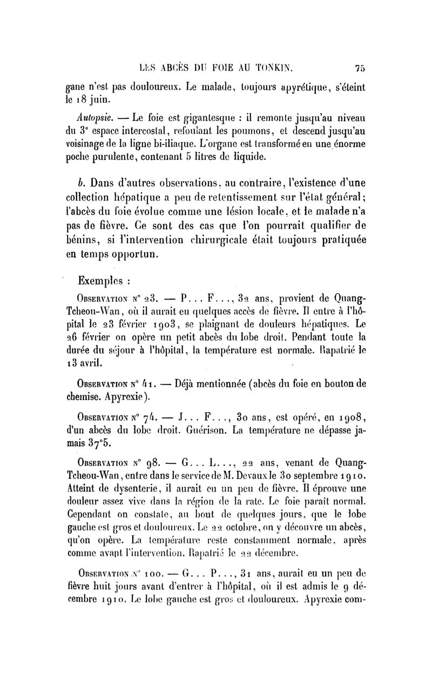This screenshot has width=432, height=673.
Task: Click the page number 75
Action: (x=361, y=69)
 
